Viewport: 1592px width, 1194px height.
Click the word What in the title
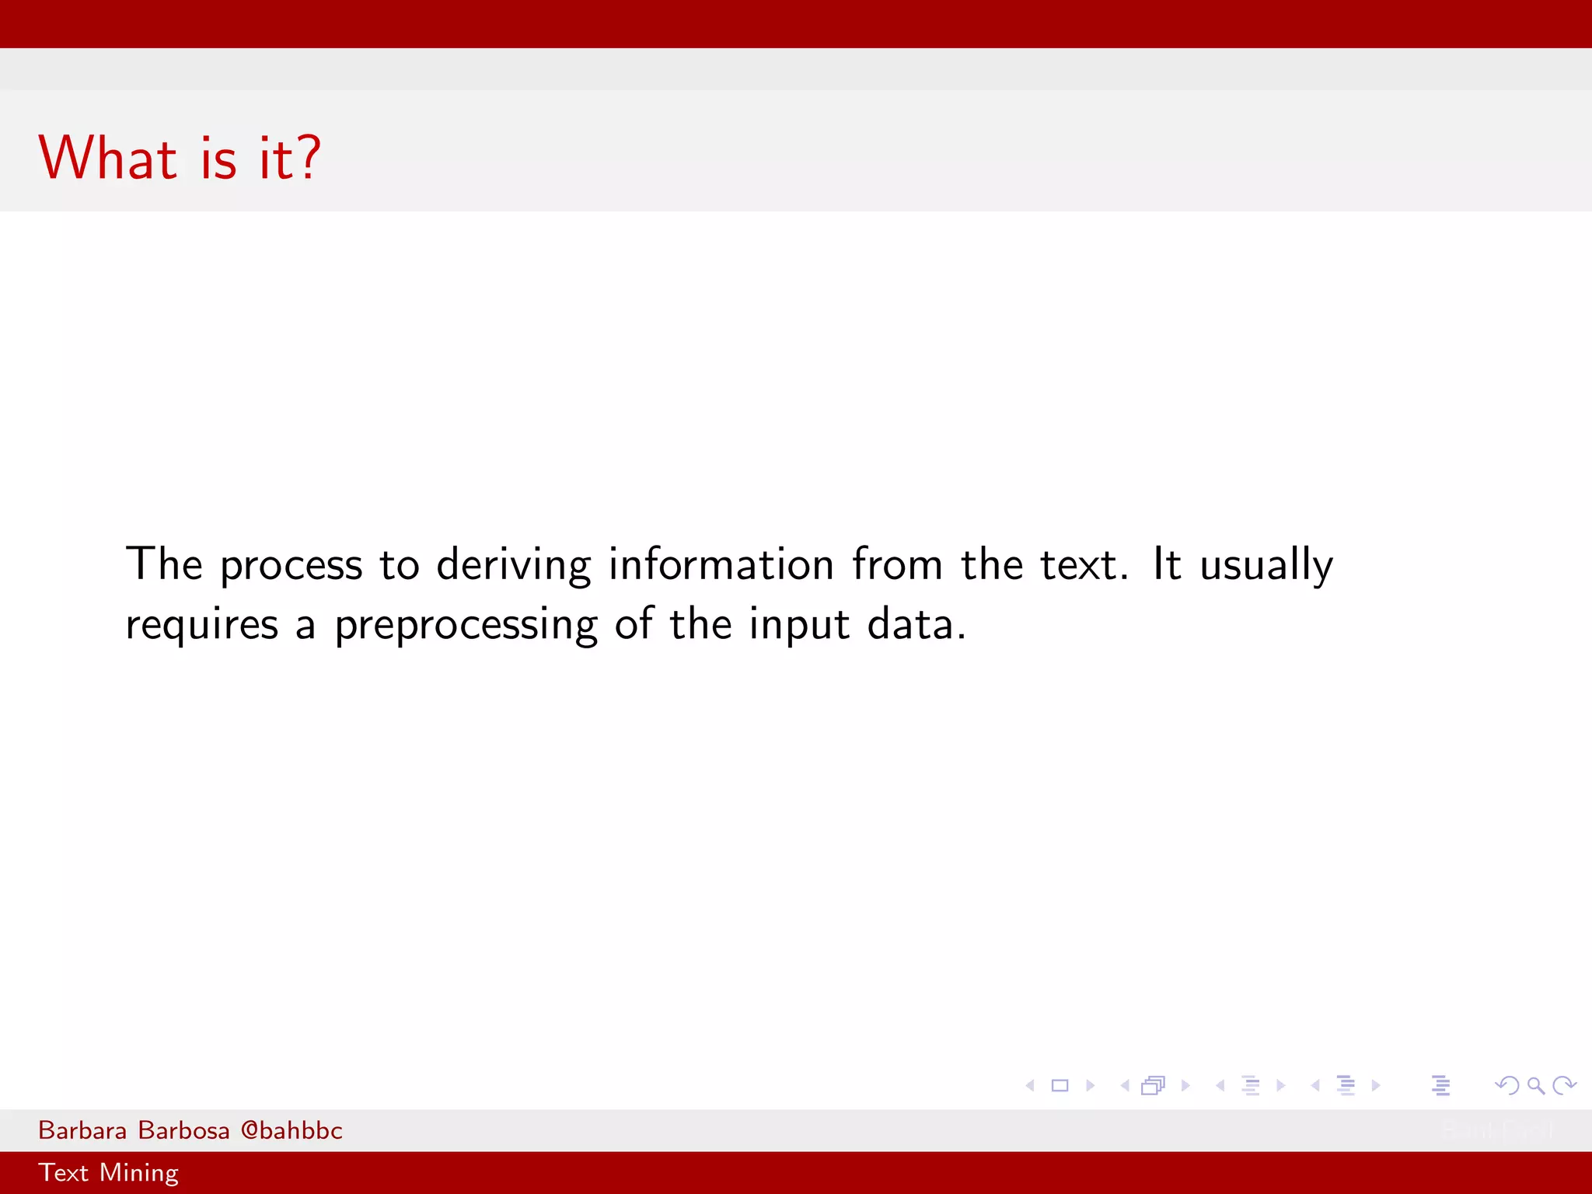tap(108, 158)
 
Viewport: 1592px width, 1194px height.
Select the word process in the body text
tap(291, 566)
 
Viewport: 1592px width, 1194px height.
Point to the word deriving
tap(513, 566)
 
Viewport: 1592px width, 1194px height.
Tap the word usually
tap(1266, 566)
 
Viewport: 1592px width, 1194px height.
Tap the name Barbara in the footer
tap(82, 1130)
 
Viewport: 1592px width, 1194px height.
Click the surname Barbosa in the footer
tap(183, 1130)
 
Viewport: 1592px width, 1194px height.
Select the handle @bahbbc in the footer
tap(292, 1130)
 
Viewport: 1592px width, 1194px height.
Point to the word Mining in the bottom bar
tap(139, 1173)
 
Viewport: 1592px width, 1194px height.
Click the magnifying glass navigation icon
tap(1535, 1085)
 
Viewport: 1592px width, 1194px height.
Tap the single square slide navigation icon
tap(1060, 1085)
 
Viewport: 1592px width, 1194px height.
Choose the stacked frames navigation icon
tap(1154, 1085)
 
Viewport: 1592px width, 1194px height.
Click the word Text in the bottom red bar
tap(63, 1172)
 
